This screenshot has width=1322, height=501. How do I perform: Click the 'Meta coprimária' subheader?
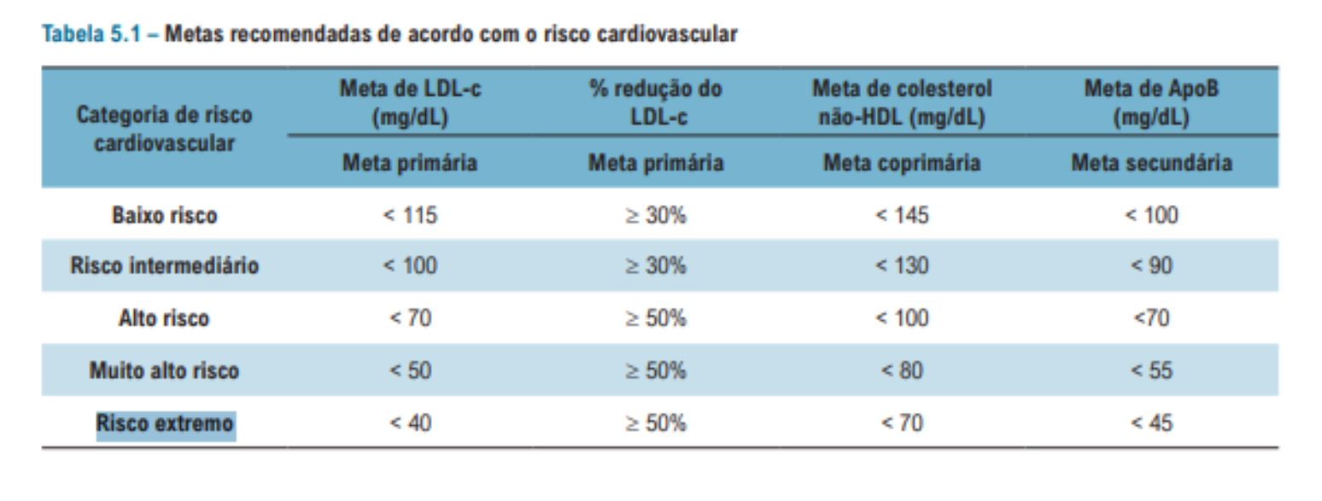pos(902,163)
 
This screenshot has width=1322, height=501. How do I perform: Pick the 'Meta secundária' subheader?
pos(1150,163)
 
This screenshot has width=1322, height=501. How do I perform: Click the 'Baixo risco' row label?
pos(164,215)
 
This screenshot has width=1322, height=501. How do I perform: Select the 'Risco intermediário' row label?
pos(164,266)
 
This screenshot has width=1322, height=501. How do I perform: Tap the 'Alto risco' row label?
pos(164,318)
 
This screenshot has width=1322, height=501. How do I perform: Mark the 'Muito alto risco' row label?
pos(164,370)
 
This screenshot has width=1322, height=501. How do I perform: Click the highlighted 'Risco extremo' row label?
pos(165,423)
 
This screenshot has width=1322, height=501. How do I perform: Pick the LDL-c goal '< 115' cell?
pos(410,215)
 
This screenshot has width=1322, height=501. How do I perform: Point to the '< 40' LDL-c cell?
pos(410,422)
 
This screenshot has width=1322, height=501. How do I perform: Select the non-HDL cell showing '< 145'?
pos(902,215)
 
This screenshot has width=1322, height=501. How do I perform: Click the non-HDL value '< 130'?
pos(902,266)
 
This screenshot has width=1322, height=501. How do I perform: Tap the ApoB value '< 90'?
pos(1150,266)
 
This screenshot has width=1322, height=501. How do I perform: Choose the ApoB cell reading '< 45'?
pos(1150,422)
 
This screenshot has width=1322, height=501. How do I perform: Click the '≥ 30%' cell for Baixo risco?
pos(655,215)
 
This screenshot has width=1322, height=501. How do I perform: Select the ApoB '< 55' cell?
pos(1150,370)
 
